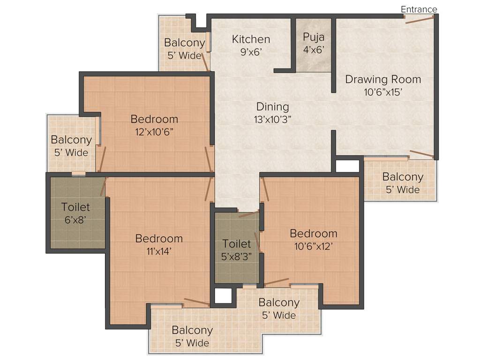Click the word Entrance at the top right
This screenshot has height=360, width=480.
419,9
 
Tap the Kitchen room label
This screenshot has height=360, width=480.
251,39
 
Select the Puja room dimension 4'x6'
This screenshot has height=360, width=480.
314,50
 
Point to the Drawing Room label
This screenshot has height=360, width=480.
383,79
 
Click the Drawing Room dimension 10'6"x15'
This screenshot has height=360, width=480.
383,92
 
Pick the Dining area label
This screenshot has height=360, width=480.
272,107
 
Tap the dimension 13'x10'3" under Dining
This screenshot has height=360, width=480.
272,119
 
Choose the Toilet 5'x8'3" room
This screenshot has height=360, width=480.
237,250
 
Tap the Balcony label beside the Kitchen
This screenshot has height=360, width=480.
184,43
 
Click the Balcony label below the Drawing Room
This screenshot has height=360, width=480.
403,177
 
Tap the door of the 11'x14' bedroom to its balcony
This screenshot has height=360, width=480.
197,302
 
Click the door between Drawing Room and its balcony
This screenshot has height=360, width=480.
422,154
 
